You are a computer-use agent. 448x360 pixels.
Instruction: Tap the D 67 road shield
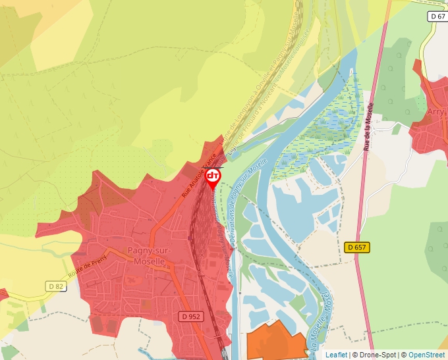pos(437,16)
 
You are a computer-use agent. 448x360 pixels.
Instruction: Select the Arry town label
pos(435,112)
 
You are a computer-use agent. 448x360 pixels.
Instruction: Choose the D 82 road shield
pos(57,286)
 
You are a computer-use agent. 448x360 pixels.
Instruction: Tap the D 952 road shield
pos(193,317)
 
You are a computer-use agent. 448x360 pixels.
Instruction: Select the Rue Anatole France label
pos(199,173)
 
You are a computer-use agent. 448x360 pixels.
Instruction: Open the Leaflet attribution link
pos(336,355)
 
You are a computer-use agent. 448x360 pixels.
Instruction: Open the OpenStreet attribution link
pos(426,355)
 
